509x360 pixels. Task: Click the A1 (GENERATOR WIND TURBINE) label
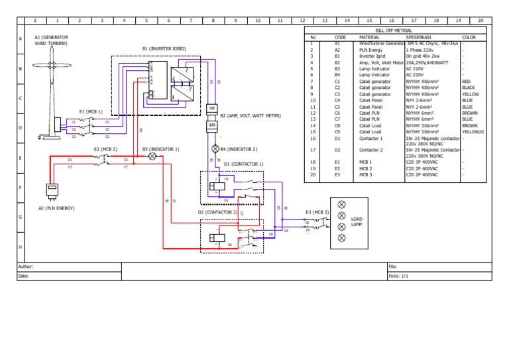click(51, 40)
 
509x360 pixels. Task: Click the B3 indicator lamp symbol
click(151, 156)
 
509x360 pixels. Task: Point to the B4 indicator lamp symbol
click(214, 149)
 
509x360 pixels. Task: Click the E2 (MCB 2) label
click(105, 149)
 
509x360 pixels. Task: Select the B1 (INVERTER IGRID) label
click(164, 48)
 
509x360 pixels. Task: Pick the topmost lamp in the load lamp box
click(342, 204)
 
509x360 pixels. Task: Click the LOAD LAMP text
click(357, 222)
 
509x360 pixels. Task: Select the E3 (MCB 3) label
click(317, 212)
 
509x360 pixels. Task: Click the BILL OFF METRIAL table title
click(393, 30)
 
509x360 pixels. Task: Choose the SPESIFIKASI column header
click(419, 37)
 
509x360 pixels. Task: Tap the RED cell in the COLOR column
click(466, 81)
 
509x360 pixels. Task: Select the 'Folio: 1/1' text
click(399, 275)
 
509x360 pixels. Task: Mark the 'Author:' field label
click(26, 266)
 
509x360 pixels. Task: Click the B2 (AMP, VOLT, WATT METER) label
click(251, 115)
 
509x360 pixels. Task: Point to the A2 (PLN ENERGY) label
click(56, 208)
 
